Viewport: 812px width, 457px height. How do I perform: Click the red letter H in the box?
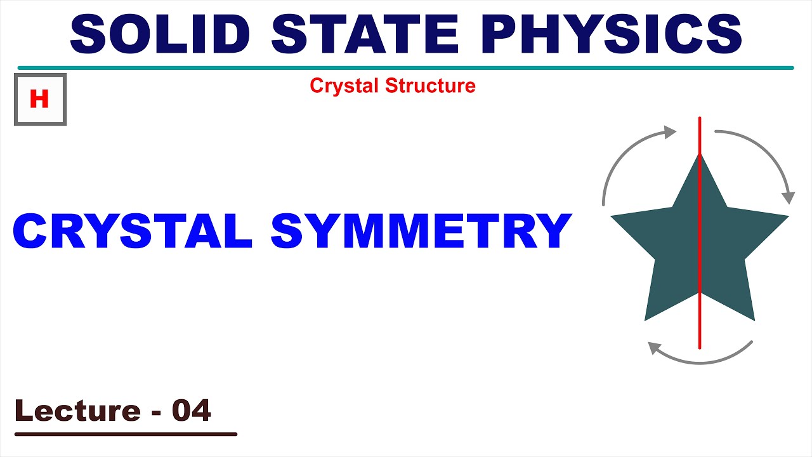pos(39,99)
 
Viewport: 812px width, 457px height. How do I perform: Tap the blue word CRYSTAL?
pos(133,231)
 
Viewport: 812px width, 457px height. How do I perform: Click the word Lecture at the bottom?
pos(77,411)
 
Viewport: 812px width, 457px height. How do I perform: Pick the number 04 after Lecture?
pos(191,411)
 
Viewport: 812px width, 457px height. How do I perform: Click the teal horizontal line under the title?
pos(406,67)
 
